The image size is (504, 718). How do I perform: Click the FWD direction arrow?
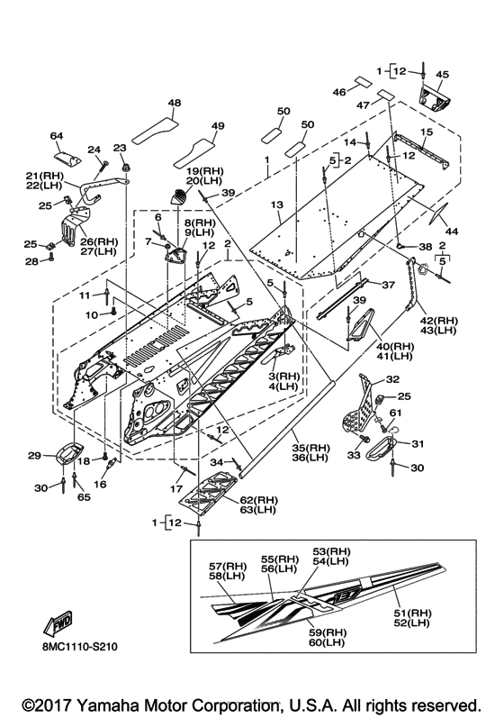click(58, 623)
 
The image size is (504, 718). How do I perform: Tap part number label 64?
click(57, 136)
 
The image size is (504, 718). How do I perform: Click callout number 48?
click(175, 103)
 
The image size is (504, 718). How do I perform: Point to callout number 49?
click(218, 125)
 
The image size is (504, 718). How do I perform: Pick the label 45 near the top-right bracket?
click(442, 74)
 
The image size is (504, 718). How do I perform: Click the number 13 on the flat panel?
click(277, 204)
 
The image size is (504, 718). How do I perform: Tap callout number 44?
click(452, 232)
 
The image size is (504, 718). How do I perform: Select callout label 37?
click(388, 285)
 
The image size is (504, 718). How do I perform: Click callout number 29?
click(35, 455)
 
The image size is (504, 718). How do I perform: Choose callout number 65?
click(85, 497)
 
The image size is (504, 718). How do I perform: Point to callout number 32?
click(392, 379)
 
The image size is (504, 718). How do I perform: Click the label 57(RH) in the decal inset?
click(228, 567)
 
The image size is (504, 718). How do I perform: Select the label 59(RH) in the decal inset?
click(328, 632)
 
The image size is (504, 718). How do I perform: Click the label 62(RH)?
click(259, 500)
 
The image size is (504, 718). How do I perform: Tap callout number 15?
click(427, 132)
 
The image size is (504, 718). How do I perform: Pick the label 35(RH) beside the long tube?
click(311, 448)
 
